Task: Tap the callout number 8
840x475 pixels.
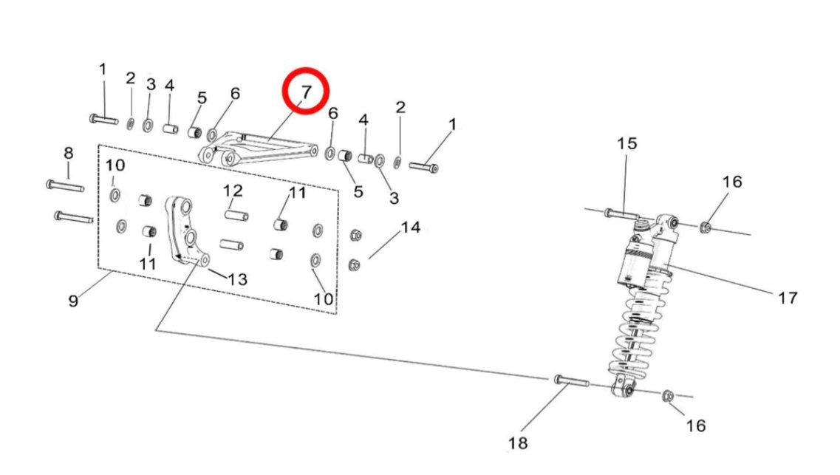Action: tap(68, 154)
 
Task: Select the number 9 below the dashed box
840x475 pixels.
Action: tap(73, 301)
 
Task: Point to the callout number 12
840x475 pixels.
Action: tap(233, 191)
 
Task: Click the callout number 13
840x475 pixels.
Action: tap(237, 279)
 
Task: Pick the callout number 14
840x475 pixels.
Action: tap(410, 228)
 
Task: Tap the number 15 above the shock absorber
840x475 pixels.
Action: tap(626, 143)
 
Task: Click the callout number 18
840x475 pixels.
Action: tap(519, 443)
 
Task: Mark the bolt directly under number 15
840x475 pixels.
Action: tap(620, 213)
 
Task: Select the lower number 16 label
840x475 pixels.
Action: tap(695, 426)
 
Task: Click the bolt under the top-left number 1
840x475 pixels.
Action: tap(103, 118)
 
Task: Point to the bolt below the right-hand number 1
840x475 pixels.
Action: tap(424, 167)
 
